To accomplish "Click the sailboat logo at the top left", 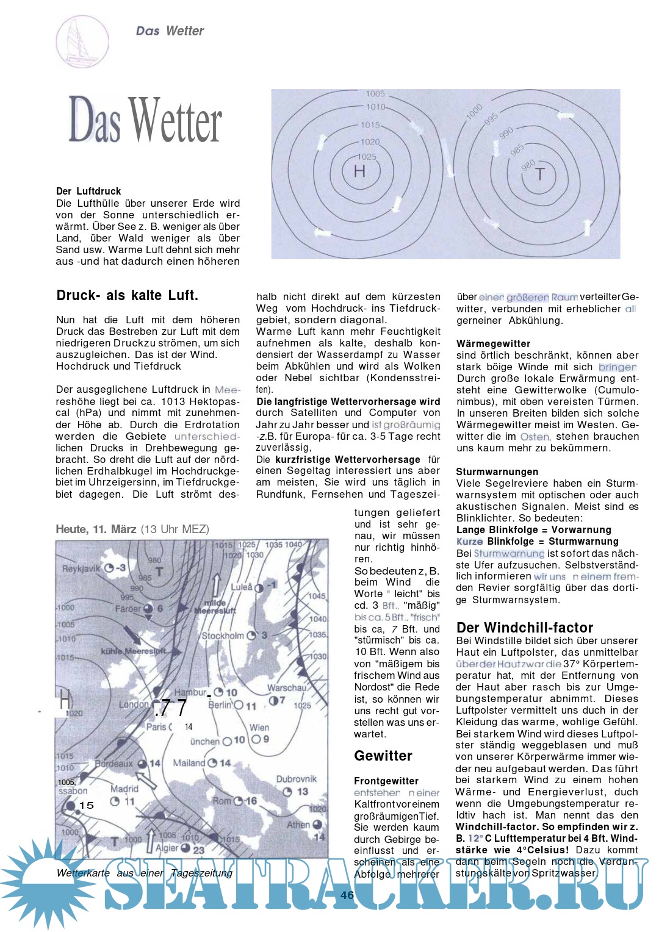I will pos(82,41).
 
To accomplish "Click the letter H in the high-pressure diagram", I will pos(359,171).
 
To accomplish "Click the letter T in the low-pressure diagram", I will pos(539,175).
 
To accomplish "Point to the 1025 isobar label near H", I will pos(367,157).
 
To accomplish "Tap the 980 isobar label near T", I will pos(528,164).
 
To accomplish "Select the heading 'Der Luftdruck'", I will pos(88,191).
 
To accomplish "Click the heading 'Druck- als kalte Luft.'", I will pos(127,296).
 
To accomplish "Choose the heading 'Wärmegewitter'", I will pos(493,344).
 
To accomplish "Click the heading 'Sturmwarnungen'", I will pos(497,471).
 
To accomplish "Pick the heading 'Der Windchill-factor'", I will pos(524,628).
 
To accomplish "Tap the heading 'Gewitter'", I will pos(383,756).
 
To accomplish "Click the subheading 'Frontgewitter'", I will pos(386,781).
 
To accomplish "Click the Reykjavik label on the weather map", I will pos(81,568).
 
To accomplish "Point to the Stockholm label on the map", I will pos(223,636).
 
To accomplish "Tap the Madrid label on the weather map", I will pos(124,789).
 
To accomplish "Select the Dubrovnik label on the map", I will pos(297,779).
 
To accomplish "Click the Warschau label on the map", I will pos(286,688).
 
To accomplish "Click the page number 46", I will pos(347,895).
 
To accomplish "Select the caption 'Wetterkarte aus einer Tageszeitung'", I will pos(144,873).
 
